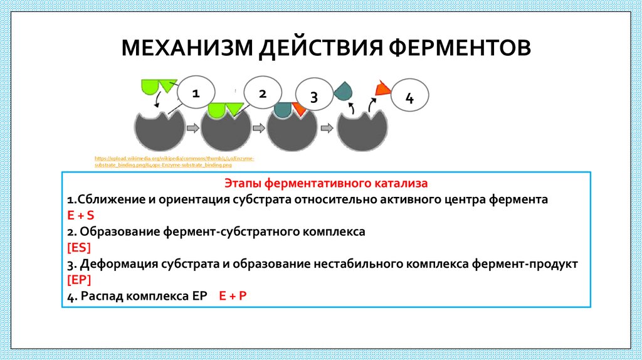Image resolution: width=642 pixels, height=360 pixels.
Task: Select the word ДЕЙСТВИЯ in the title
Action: point(320,48)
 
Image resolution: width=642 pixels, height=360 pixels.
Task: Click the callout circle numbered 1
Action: point(196,94)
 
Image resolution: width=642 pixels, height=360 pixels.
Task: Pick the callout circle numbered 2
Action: point(262,94)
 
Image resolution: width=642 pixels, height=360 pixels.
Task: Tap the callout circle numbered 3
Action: point(314,97)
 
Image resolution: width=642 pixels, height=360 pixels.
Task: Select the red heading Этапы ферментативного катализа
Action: point(325,184)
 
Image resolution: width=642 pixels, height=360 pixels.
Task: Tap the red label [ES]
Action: point(79,247)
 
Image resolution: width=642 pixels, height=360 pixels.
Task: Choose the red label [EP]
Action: point(79,280)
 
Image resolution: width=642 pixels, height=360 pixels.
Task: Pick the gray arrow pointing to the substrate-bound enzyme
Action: point(192,129)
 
